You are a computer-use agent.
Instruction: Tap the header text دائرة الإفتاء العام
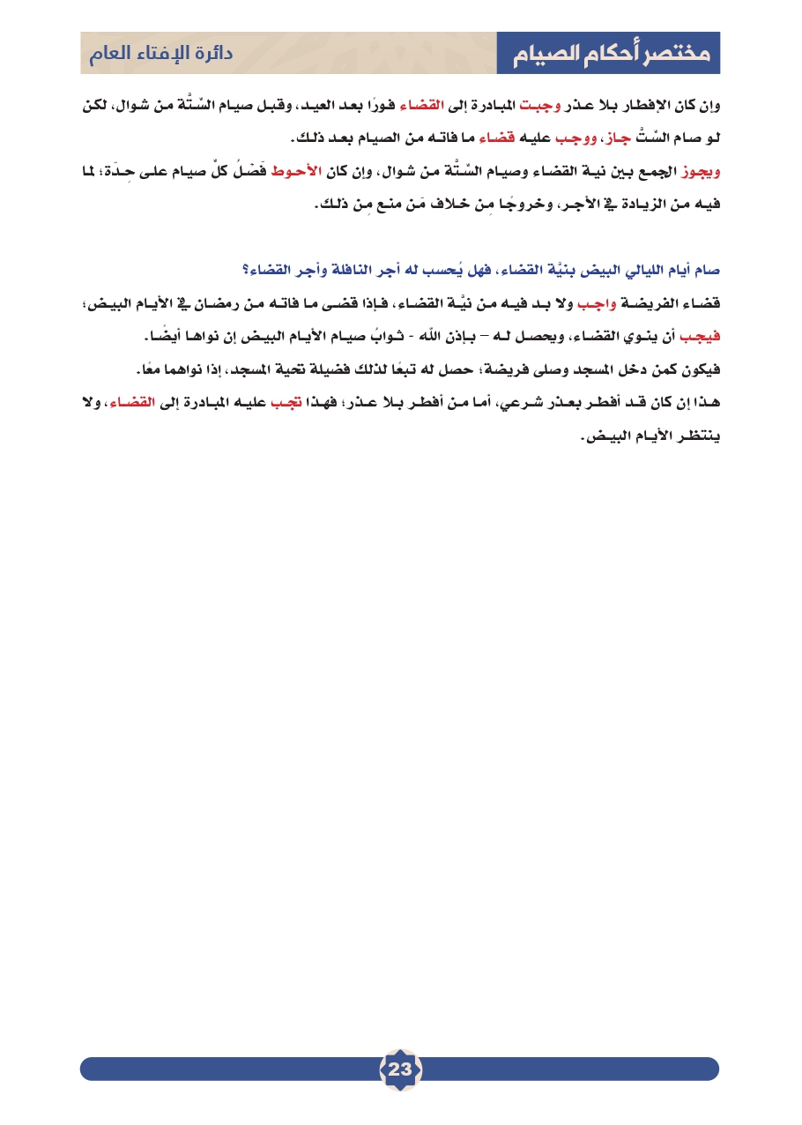click(x=160, y=53)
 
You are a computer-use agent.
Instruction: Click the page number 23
click(x=400, y=1069)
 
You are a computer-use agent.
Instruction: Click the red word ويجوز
click(x=701, y=171)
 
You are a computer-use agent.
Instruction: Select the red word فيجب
click(x=702, y=337)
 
